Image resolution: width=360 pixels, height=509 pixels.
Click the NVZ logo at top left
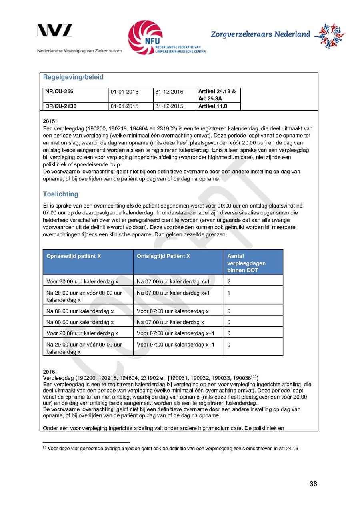(x=55, y=30)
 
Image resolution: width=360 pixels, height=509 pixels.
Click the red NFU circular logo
(x=145, y=38)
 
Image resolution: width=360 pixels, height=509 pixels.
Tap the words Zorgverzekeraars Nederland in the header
(x=260, y=34)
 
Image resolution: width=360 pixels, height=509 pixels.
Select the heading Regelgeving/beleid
(x=73, y=77)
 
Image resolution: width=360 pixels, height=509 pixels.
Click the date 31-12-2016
(x=169, y=92)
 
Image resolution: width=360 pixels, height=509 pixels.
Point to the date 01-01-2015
(x=124, y=106)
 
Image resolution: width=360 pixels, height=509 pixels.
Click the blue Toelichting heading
(x=60, y=194)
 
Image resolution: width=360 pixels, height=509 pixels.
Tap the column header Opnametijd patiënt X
(x=74, y=256)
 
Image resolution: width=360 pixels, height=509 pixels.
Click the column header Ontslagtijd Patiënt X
(x=163, y=256)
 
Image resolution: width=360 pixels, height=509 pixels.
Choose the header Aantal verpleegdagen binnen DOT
(x=246, y=263)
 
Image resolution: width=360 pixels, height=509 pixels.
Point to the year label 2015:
(x=50, y=120)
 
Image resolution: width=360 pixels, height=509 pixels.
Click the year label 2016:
(x=50, y=371)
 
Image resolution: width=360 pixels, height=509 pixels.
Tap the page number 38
(x=313, y=484)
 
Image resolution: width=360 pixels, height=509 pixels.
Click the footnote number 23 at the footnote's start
(x=44, y=447)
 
